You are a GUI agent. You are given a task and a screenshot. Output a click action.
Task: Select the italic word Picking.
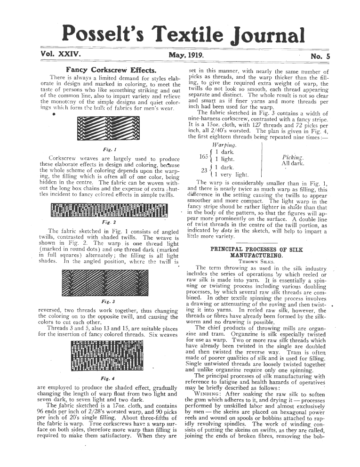291,157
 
